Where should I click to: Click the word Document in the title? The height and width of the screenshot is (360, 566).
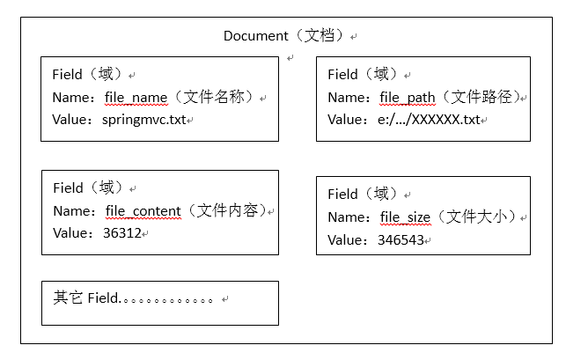click(255, 36)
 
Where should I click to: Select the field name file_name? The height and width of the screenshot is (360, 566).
click(137, 97)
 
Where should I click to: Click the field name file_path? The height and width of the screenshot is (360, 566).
click(410, 97)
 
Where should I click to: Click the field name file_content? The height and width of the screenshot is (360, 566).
click(143, 211)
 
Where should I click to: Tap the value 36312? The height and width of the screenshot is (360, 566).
click(121, 233)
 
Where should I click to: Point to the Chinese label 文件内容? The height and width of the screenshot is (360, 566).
click(231, 211)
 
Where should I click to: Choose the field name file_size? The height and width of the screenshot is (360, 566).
click(405, 217)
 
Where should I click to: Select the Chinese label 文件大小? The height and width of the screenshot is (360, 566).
click(481, 217)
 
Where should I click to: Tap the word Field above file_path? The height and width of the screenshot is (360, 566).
click(342, 75)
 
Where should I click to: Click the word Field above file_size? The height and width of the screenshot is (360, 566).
click(342, 195)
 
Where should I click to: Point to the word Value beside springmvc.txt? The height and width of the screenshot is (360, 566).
click(71, 119)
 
